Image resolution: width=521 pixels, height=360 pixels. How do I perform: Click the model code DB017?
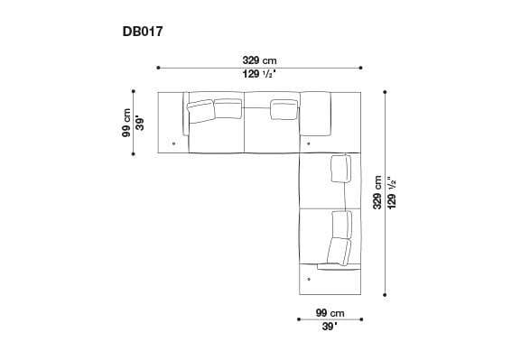(143, 30)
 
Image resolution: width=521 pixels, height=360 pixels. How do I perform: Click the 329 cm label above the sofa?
(258, 59)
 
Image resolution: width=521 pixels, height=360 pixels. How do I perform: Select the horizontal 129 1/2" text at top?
(258, 74)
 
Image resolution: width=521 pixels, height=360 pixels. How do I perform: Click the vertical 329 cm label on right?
(377, 192)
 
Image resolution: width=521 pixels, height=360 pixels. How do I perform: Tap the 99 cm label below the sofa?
(331, 311)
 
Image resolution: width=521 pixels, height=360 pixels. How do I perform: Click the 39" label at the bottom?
(331, 327)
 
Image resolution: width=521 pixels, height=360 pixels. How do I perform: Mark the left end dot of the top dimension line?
(158, 67)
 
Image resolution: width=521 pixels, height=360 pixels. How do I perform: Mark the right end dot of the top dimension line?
(361, 67)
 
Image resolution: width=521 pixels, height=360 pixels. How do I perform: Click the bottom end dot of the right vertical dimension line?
(386, 294)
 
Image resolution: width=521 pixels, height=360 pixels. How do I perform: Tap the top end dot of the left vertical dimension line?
(134, 91)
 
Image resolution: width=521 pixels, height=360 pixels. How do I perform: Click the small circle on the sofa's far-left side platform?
(172, 143)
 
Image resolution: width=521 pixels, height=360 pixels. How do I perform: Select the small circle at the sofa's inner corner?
(309, 143)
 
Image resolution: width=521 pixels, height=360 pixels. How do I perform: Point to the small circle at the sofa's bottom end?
(309, 279)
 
